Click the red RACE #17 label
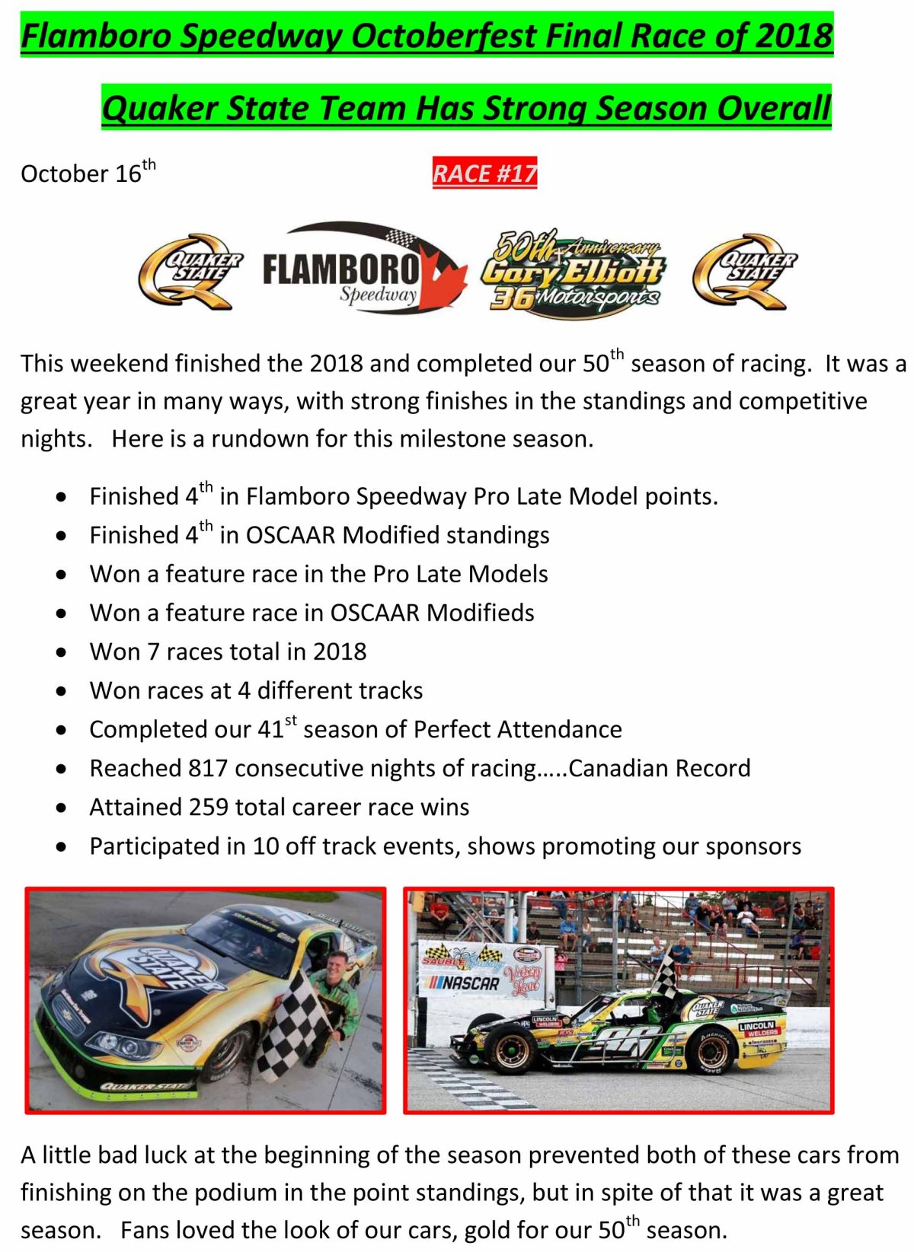[x=484, y=173]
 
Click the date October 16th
[x=88, y=171]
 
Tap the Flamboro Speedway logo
[x=365, y=267]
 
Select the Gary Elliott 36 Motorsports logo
[x=573, y=274]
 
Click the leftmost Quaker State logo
[x=190, y=271]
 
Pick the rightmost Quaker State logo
[x=744, y=271]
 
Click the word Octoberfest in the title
[x=445, y=37]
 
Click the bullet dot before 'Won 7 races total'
[x=62, y=651]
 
